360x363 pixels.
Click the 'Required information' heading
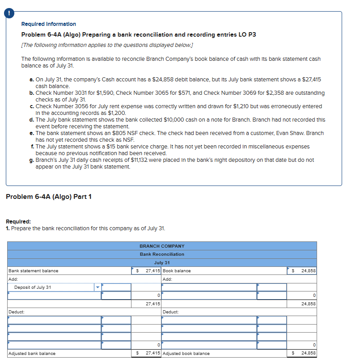[48, 24]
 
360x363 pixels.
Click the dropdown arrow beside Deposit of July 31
[97, 287]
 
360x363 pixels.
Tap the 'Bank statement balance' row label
[34, 271]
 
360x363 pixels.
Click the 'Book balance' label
[177, 271]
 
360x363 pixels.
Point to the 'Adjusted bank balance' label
[32, 353]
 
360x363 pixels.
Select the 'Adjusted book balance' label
[186, 353]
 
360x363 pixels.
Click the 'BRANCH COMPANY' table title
[162, 246]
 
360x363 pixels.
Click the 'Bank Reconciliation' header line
[162, 254]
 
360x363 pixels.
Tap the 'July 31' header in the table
[162, 262]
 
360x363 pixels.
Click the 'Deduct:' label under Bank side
[16, 312]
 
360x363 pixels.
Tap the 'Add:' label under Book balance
[168, 279]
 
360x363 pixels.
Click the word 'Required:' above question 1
[18, 222]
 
